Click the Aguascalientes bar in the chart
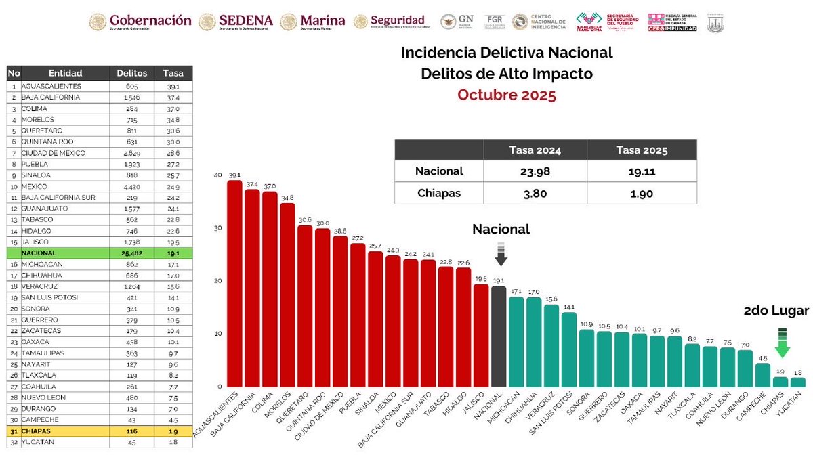coord(234,284)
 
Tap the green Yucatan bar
coord(798,383)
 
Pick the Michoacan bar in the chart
coord(516,342)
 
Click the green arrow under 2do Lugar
coord(783,342)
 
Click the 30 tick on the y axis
coord(217,228)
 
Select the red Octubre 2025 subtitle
coord(506,95)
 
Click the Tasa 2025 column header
coord(642,150)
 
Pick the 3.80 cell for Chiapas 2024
coord(535,193)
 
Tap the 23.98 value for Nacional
coord(535,171)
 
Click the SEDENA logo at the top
coord(238,22)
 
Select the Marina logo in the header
coord(313,22)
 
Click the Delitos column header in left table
coord(131,73)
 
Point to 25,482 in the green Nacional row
coord(131,252)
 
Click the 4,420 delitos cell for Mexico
coord(131,186)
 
